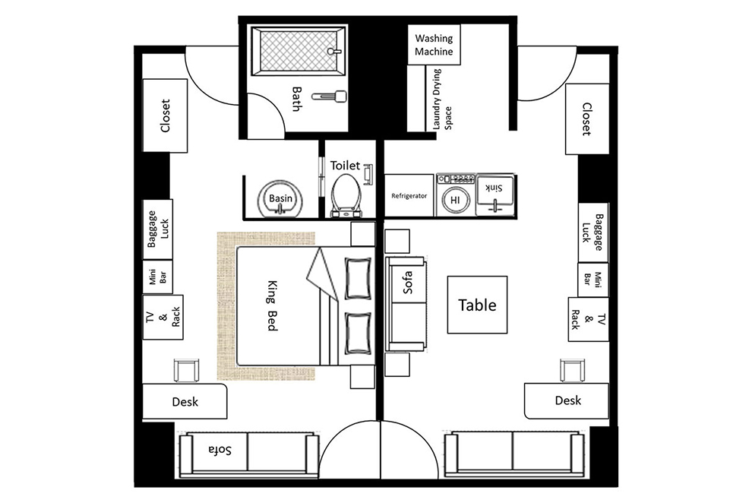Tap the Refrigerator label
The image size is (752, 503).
click(409, 196)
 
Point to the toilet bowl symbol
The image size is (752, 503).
click(346, 191)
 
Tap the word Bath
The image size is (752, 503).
click(297, 98)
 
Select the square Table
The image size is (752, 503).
click(476, 305)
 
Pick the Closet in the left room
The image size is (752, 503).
click(166, 115)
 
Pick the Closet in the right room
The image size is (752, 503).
click(586, 118)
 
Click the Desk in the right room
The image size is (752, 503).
click(567, 400)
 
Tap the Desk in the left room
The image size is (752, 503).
click(185, 401)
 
